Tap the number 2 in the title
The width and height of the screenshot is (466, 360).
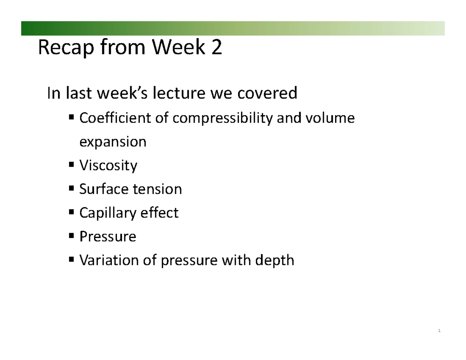pos(216,47)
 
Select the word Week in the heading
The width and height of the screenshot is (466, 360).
pos(178,47)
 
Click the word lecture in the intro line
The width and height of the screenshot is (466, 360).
pos(179,93)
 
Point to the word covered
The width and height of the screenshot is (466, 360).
pos(267,93)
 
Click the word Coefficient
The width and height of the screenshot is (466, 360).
pos(115,118)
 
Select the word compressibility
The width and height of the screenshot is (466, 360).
pos(223,118)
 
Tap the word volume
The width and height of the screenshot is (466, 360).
pos(330,118)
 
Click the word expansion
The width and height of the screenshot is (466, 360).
pos(113,142)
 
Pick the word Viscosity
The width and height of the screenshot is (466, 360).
pos(108,166)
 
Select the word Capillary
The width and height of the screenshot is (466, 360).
pos(108,213)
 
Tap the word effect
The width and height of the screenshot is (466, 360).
pos(159,212)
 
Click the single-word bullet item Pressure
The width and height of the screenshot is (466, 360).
pos(108,237)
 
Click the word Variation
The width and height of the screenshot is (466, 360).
pos(109,260)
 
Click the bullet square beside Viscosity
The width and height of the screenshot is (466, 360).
pos(71,165)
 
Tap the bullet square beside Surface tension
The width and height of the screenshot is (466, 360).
pos(71,188)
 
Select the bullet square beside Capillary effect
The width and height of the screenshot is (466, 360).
pos(71,212)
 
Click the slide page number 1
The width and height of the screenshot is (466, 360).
pos(439,330)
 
